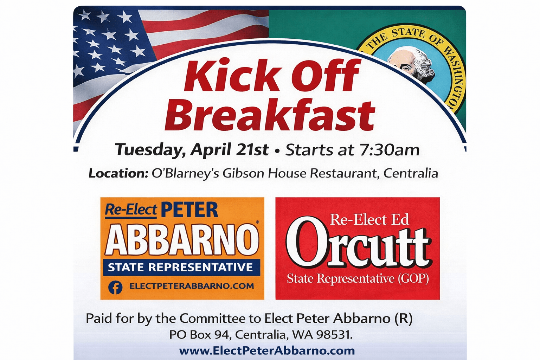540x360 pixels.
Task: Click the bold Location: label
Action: coord(118,173)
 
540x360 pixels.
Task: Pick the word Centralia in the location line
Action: coord(411,173)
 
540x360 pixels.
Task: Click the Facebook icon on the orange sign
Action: coord(115,287)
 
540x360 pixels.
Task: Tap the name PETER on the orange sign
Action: coord(189,210)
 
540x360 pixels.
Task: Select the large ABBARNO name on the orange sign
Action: coord(182,240)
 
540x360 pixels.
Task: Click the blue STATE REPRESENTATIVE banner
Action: coord(181,268)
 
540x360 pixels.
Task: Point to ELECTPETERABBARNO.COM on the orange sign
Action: coord(192,286)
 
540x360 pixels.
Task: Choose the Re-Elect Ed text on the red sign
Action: coord(369,220)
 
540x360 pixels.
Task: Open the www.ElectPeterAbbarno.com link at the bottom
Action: coord(267,351)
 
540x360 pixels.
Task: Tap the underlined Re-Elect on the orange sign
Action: coord(131,210)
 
